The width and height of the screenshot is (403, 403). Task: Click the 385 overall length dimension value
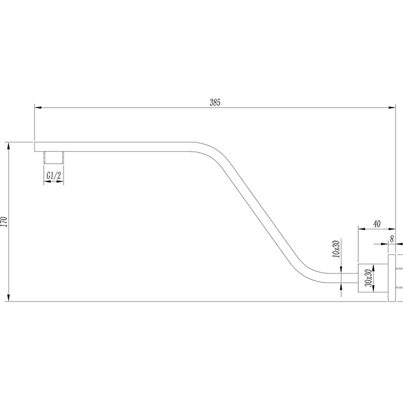coord(215,101)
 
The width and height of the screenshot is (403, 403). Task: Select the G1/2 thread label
coord(54,175)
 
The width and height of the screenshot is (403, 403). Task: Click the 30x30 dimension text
coord(369,278)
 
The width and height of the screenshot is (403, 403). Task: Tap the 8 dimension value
coord(391,239)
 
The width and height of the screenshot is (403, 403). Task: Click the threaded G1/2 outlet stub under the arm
coord(54,157)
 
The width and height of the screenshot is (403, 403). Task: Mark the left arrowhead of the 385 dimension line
coord(38,107)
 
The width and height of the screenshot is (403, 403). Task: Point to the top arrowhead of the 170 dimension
coord(9,146)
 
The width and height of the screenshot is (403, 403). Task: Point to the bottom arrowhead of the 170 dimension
coord(9,297)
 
